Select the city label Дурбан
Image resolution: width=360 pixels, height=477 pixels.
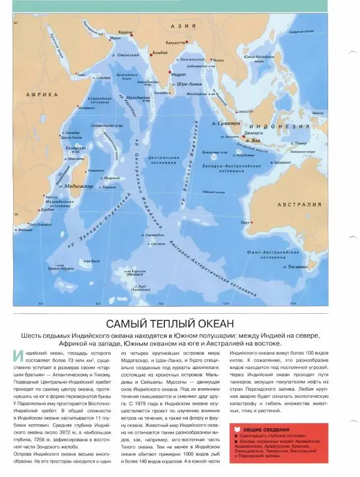47,211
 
